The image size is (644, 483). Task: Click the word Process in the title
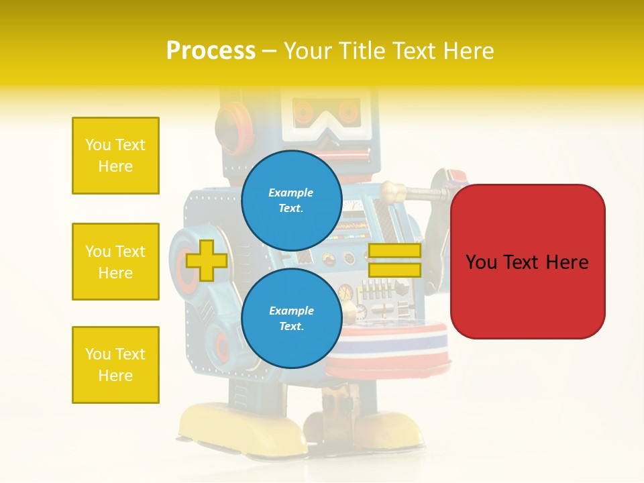[211, 51]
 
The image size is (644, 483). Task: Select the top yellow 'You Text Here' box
[115, 156]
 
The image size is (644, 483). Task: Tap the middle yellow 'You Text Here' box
[115, 262]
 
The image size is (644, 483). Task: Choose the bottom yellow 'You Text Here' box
[115, 365]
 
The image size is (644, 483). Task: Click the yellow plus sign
[207, 260]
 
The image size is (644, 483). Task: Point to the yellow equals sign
[394, 260]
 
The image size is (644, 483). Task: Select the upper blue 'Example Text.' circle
[291, 201]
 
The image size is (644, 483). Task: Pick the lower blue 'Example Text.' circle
[291, 319]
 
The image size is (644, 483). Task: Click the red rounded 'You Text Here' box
[527, 262]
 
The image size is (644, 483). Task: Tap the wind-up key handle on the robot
[416, 195]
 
